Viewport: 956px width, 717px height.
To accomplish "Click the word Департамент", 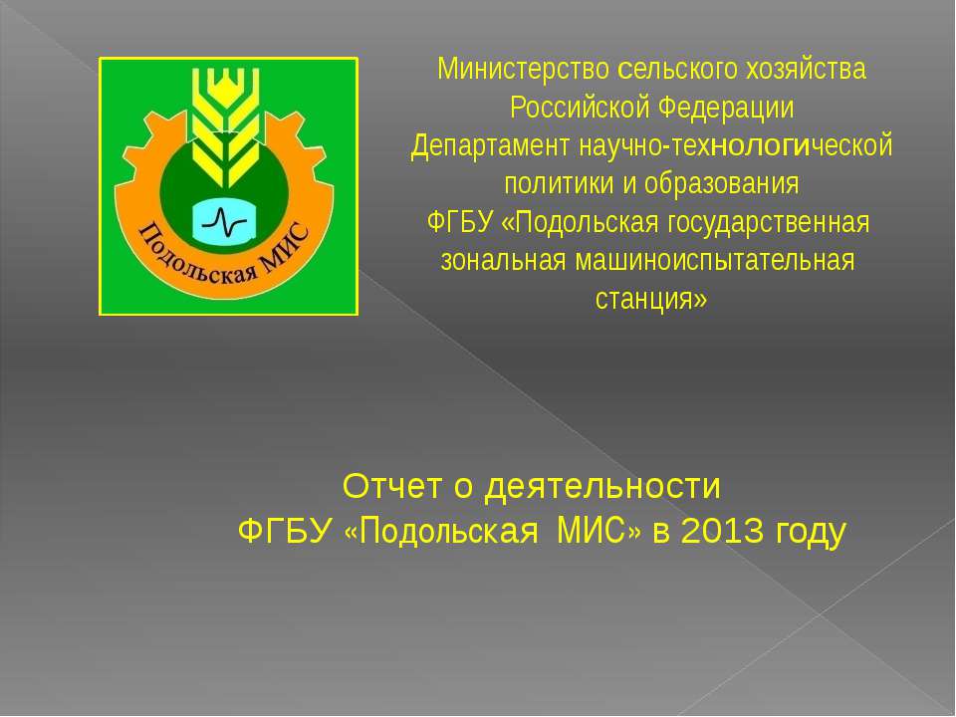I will [x=477, y=145].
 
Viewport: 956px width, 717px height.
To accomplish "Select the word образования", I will [x=730, y=183].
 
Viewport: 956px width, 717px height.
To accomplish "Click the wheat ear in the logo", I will [x=227, y=124].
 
